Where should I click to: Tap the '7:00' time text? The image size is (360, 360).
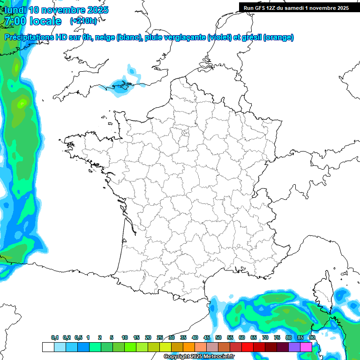pos(15,21)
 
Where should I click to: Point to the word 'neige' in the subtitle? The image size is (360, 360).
pos(105,37)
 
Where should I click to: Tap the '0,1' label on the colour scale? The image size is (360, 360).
pos(55,338)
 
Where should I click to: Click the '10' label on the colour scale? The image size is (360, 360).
pos(125,338)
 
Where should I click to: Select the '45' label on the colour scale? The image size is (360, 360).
pos(207,338)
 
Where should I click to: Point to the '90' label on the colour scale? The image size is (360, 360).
pos(312,338)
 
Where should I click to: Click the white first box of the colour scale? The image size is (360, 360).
pos(48,347)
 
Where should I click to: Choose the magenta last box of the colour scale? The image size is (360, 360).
pos(306,347)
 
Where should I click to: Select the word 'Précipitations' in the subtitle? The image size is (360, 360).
pos(29,37)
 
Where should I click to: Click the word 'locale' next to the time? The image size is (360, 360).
pos(45,21)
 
